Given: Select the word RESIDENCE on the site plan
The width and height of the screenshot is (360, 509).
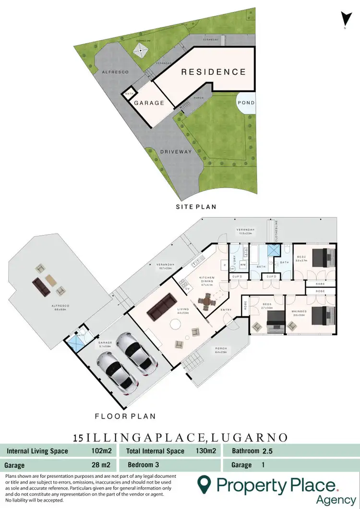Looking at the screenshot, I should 213,72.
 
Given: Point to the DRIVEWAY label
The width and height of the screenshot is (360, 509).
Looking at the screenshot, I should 176,152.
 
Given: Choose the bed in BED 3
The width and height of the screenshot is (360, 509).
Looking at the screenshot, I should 274,322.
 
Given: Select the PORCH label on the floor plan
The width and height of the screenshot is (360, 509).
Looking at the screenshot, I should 221,349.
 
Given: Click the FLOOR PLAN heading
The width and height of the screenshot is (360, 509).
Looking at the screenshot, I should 125,416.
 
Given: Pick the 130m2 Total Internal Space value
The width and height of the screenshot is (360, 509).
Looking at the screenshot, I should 206,451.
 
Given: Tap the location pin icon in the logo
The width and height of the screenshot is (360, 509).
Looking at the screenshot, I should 205,485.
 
